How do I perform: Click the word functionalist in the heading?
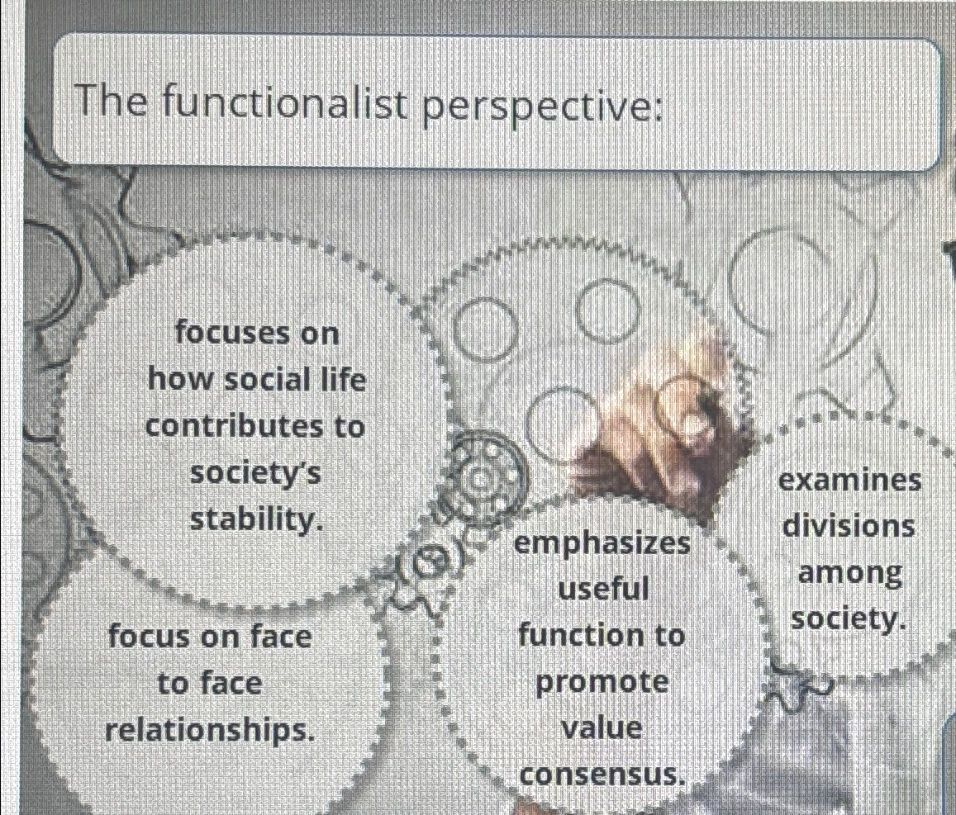[285, 106]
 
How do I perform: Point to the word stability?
[254, 520]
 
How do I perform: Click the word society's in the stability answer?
[255, 473]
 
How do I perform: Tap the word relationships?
[211, 730]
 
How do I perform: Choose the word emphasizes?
[602, 543]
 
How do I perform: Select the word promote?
[602, 683]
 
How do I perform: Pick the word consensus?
[602, 775]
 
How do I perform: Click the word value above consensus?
[602, 728]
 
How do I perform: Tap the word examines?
[849, 480]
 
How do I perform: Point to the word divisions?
[849, 526]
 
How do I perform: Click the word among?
[849, 572]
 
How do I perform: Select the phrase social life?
[290, 380]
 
